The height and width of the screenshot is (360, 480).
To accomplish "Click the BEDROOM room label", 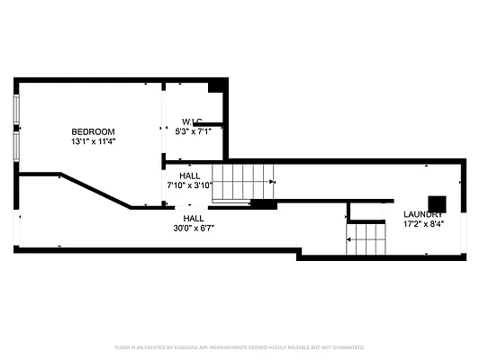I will tap(94, 132).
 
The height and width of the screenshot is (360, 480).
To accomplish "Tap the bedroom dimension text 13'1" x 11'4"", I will tap(94, 141).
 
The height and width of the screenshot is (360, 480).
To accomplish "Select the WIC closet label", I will tap(192, 121).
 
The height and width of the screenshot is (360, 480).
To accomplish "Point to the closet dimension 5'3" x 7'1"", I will tap(192, 131).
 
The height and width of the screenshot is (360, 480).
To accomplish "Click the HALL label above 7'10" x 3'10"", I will tap(190, 175).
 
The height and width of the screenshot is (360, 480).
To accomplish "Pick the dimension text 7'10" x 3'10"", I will tap(190, 185).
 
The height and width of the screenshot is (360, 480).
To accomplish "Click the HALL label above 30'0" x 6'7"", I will tap(193, 218).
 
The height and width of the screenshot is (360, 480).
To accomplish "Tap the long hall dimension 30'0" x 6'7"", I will tap(193, 228).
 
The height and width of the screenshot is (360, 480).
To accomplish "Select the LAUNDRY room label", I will tap(422, 213).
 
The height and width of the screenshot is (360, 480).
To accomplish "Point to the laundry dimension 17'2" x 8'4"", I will tap(422, 223).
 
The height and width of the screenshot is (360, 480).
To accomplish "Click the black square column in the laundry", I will tap(436, 203).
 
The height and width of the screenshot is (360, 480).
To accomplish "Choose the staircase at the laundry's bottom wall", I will tap(366, 240).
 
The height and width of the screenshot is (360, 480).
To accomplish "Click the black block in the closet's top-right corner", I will tap(217, 86).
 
